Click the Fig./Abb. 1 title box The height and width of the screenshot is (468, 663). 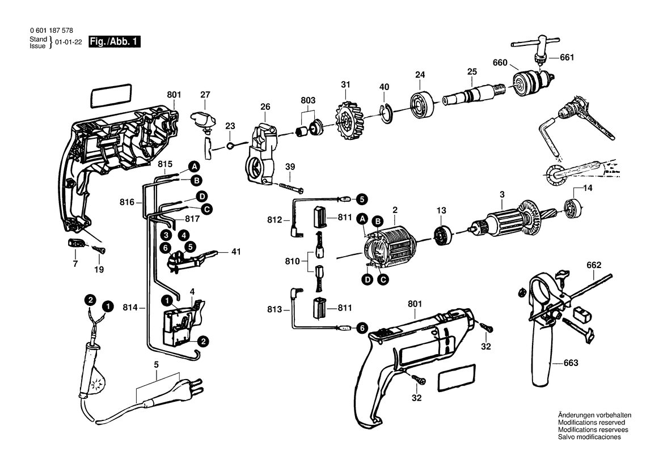click(114, 42)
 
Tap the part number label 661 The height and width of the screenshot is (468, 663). click(567, 57)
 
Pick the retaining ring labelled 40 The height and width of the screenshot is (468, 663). click(386, 113)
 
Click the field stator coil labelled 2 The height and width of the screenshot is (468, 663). click(389, 248)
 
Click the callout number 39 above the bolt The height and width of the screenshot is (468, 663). click(290, 167)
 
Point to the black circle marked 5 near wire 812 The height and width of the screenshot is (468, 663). click(361, 198)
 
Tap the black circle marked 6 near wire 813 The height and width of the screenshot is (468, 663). click(361, 327)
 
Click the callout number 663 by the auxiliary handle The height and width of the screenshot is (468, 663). click(571, 363)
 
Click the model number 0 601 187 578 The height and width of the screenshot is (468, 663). click(52, 31)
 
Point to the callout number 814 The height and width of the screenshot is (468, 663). click(130, 308)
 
